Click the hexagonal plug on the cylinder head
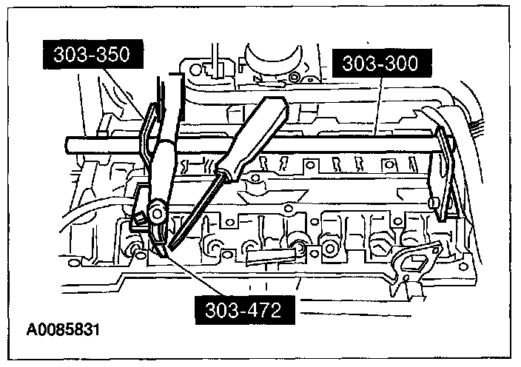pyautogui.click(x=383, y=245)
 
